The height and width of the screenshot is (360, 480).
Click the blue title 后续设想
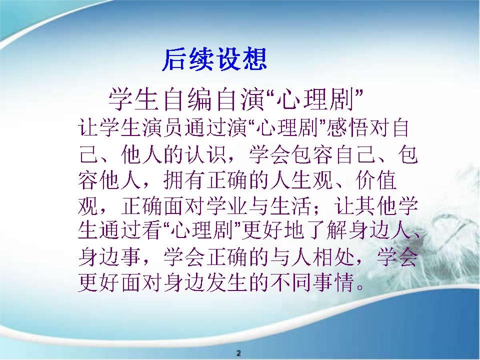pyautogui.click(x=215, y=59)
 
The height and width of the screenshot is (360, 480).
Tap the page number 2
pyautogui.click(x=239, y=352)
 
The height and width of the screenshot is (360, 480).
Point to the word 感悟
pyautogui.click(x=347, y=127)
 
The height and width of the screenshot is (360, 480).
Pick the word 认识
pyautogui.click(x=206, y=153)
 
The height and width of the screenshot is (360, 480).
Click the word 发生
pyautogui.click(x=228, y=282)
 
